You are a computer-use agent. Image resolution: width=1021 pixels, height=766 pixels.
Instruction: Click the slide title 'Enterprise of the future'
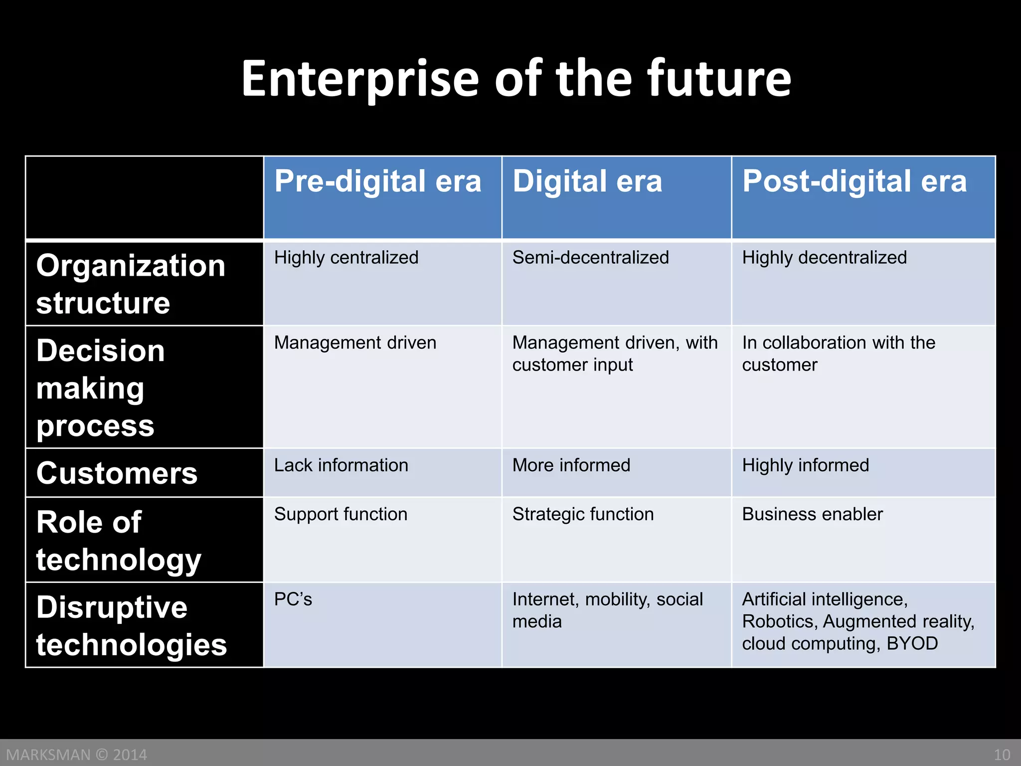tap(516, 79)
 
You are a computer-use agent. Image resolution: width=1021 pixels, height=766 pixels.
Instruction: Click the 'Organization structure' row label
tap(131, 284)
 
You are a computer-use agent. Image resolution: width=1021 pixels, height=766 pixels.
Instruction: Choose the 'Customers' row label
tap(117, 473)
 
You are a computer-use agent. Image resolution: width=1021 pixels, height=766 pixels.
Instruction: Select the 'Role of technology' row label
tap(119, 541)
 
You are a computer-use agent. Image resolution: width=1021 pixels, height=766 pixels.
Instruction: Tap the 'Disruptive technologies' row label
tap(132, 626)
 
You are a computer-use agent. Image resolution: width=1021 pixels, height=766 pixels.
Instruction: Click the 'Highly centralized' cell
tap(346, 258)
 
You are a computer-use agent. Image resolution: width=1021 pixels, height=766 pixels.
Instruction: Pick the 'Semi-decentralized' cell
tap(590, 258)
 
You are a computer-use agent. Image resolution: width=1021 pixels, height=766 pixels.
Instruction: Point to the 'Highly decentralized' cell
tap(824, 258)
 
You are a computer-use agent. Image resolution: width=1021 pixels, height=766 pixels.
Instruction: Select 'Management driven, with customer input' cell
tap(615, 354)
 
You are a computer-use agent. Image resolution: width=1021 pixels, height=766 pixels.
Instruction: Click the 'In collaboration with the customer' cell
tap(839, 354)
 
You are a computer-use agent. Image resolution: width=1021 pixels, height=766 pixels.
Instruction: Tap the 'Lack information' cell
tap(341, 465)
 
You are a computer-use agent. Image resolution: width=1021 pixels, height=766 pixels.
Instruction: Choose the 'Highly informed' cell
tap(805, 465)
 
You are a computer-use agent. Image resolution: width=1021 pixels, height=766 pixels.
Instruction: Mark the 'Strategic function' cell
tap(583, 514)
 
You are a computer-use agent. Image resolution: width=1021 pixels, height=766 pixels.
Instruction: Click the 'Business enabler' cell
tap(812, 514)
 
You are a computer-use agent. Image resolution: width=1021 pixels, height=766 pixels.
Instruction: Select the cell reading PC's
tap(293, 599)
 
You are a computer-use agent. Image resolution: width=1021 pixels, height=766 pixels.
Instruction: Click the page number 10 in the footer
tap(1002, 755)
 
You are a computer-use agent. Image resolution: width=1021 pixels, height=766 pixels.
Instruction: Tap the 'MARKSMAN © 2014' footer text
tap(76, 755)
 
